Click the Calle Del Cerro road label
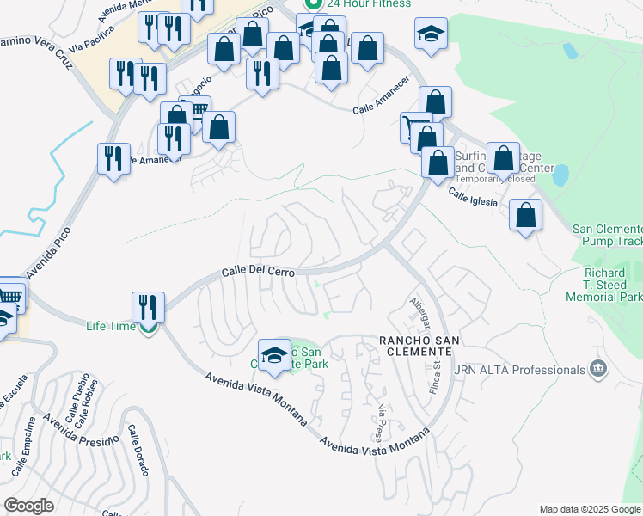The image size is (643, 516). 258,271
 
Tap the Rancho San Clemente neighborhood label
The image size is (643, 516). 419,347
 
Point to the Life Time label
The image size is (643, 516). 111,326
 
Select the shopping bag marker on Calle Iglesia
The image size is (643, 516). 525,215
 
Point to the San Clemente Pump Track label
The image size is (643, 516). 607,235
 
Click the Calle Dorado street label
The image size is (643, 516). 138,450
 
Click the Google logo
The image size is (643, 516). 28,506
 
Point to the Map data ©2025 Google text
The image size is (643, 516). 589,508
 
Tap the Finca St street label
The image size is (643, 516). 436,376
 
